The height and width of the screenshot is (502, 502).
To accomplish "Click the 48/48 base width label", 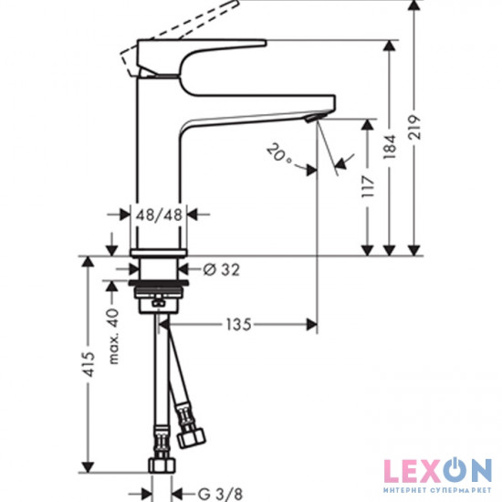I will (x=161, y=216).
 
